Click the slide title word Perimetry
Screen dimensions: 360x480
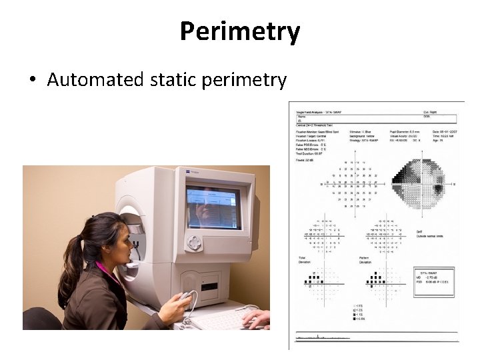pyautogui.click(x=240, y=31)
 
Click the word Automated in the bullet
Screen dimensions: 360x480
pyautogui.click(x=95, y=80)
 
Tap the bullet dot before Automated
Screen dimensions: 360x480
pyautogui.click(x=32, y=81)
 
